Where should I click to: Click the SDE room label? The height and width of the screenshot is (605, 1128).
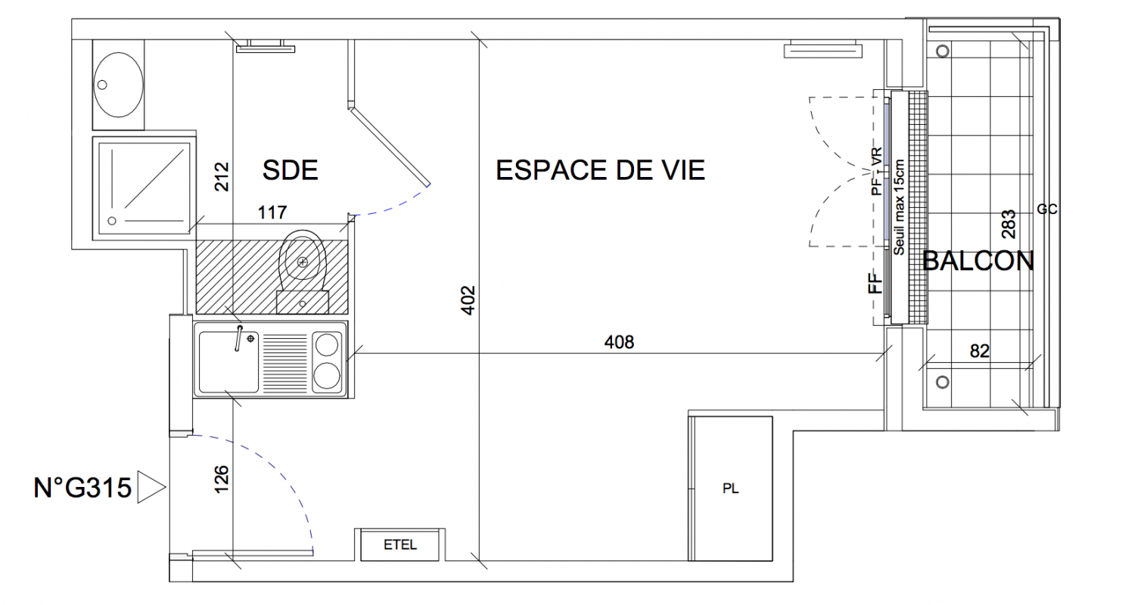click(290, 170)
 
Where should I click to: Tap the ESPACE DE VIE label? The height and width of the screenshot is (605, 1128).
click(600, 170)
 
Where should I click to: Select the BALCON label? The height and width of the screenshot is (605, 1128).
click(978, 261)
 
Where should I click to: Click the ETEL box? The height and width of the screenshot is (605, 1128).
click(400, 544)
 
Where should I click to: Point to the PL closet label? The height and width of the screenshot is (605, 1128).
click(731, 489)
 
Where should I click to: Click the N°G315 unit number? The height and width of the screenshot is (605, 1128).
click(82, 488)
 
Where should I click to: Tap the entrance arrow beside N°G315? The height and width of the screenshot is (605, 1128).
click(151, 487)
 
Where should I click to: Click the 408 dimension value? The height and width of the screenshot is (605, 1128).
click(619, 343)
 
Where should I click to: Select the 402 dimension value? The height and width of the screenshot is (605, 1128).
click(468, 300)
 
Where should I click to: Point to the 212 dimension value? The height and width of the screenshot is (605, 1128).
click(222, 177)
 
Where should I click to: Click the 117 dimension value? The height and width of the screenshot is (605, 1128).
click(272, 213)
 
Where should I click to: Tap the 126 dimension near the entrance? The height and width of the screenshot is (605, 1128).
click(222, 479)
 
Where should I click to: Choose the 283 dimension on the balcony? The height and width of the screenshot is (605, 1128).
click(1008, 225)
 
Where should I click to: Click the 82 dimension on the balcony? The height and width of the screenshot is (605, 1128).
click(980, 351)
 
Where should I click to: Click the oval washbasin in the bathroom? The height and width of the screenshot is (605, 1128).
click(119, 85)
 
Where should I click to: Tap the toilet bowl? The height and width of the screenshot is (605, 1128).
click(302, 256)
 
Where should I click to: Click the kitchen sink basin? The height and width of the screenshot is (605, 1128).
click(228, 361)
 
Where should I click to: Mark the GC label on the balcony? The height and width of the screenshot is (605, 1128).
click(1047, 209)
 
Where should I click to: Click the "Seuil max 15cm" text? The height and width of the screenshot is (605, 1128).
click(899, 207)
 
